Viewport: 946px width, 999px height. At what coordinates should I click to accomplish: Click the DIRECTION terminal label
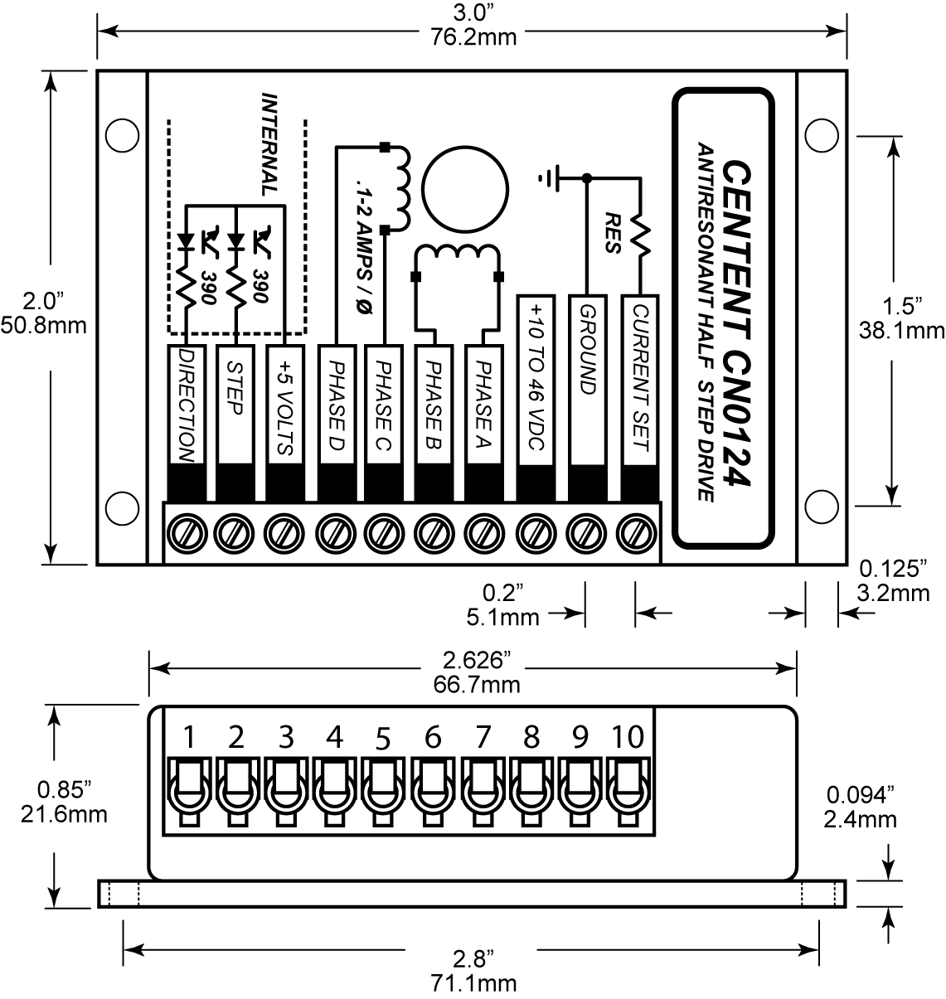pos(186,405)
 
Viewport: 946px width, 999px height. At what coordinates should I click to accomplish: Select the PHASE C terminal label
pos(383,405)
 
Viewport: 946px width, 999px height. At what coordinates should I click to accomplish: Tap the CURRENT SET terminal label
pos(640,377)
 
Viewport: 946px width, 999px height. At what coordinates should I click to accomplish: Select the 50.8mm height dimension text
pos(43,324)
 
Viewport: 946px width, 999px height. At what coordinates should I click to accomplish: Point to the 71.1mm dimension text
pos(473,983)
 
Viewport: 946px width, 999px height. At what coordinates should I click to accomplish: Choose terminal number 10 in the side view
pos(627,736)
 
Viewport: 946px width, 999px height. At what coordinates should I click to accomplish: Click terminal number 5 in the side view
pos(382,737)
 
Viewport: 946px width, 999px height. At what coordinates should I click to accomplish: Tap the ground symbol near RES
pos(549,177)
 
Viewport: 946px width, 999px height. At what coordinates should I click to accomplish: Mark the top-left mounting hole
pos(122,133)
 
